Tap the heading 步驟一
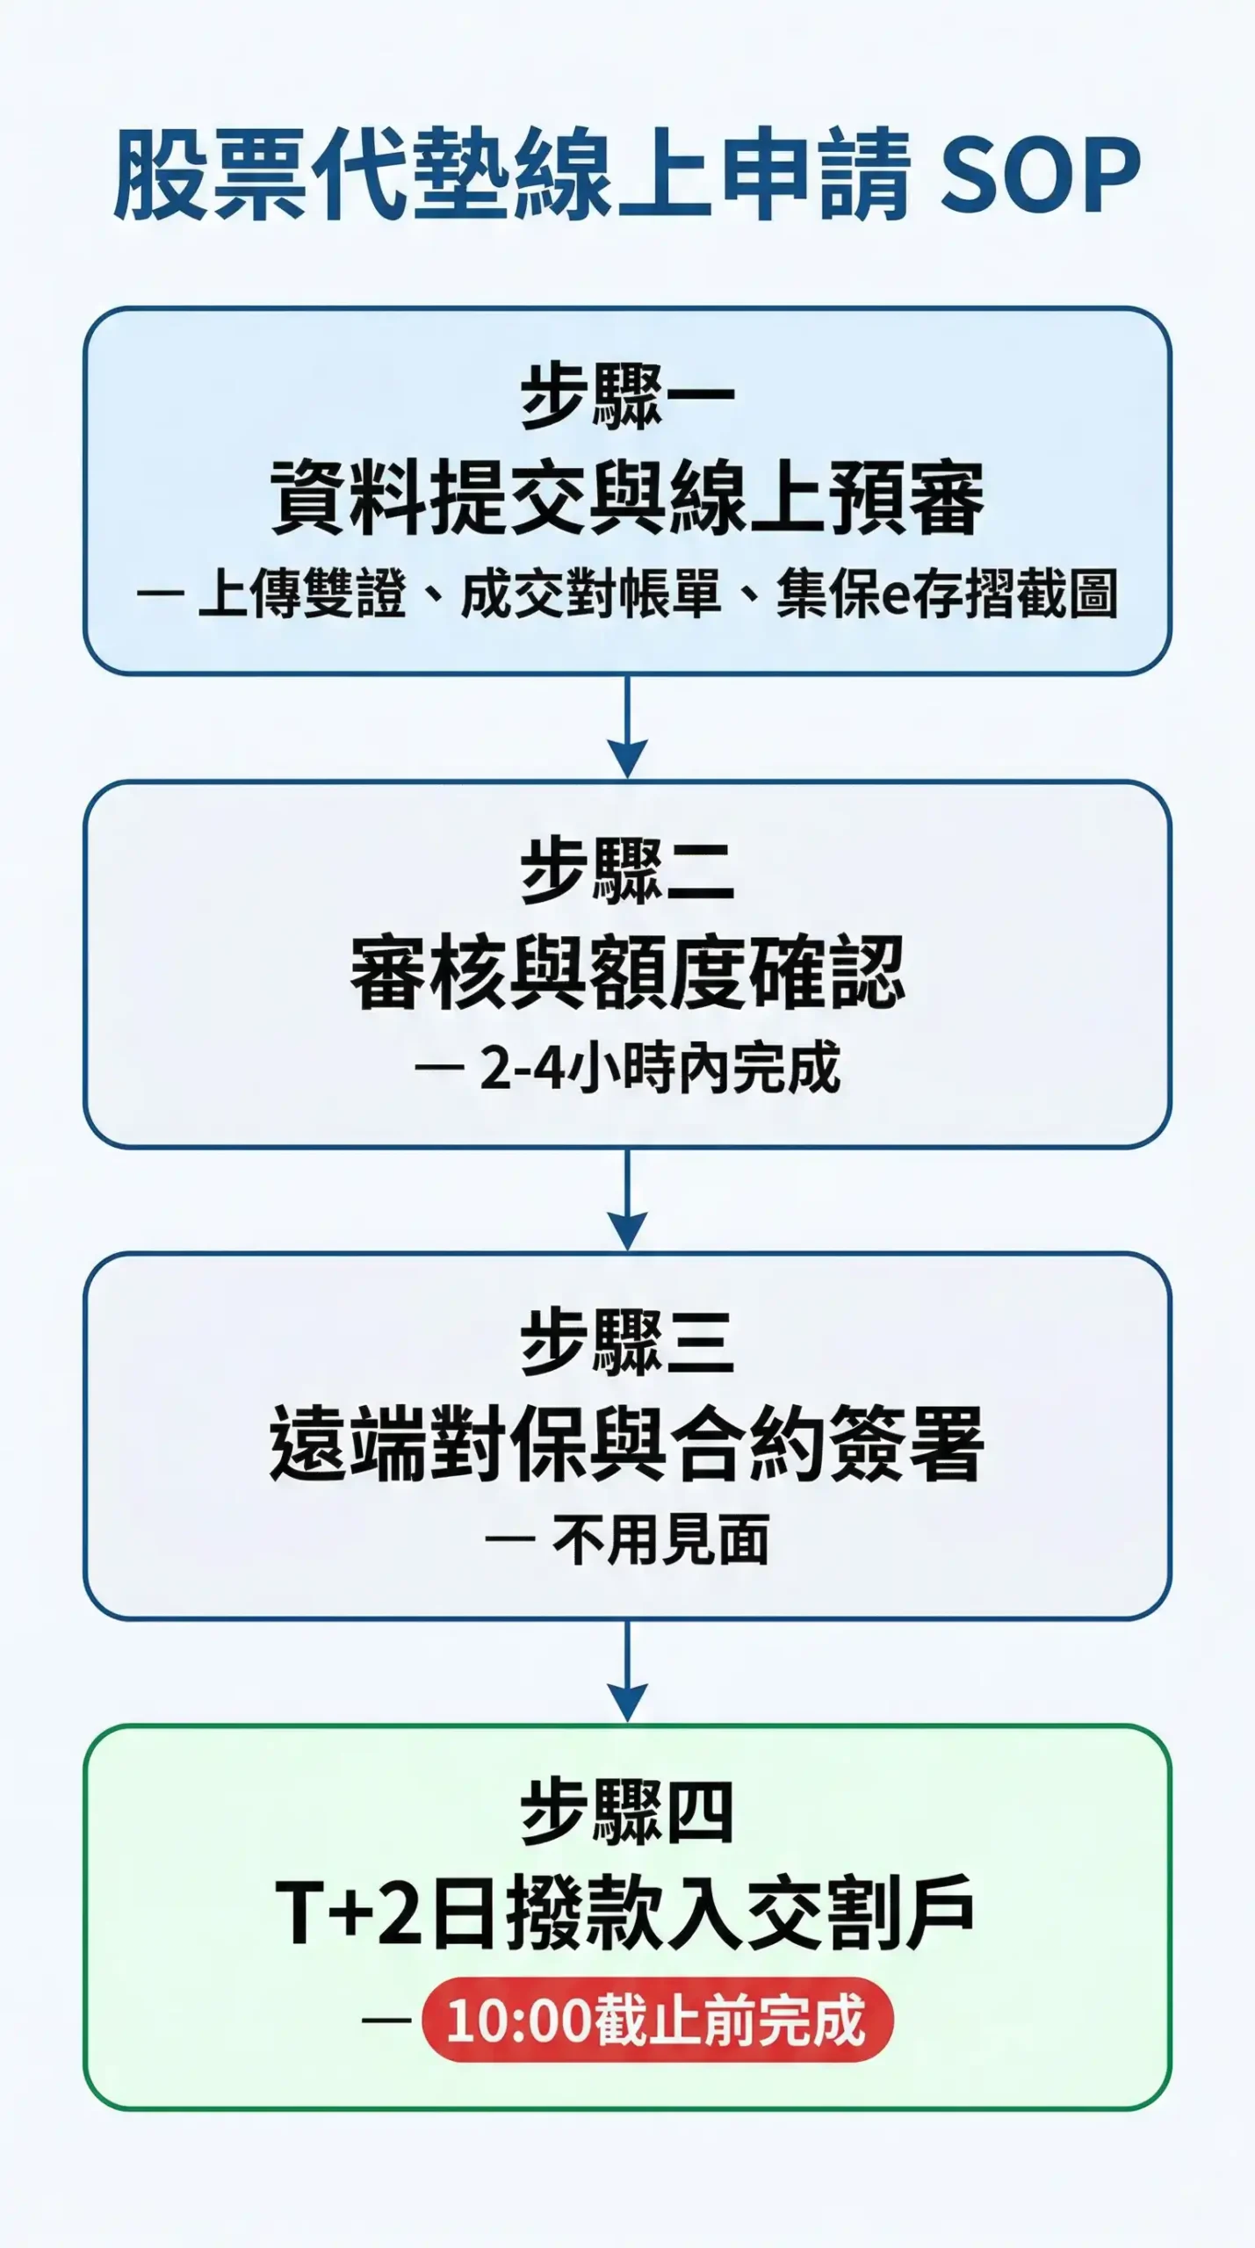tap(627, 396)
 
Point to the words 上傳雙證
tap(302, 594)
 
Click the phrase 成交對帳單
tap(590, 594)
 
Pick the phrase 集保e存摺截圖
tap(946, 594)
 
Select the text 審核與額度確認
tap(627, 973)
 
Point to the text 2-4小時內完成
tap(660, 1069)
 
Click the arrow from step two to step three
tap(627, 1200)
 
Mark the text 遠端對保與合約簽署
tap(627, 1445)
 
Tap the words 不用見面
tap(660, 1540)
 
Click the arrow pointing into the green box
tap(627, 1672)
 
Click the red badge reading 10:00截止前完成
tap(657, 2020)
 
